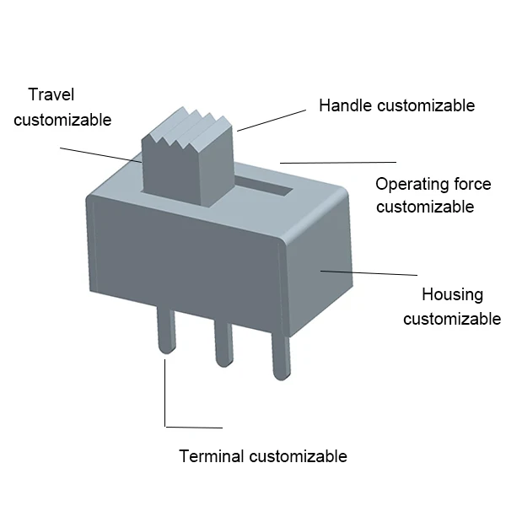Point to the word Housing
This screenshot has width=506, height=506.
452,294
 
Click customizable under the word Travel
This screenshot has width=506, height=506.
62,120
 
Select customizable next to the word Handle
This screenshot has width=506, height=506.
426,105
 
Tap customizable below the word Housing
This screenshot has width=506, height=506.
452,319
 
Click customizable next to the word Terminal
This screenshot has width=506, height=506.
299,456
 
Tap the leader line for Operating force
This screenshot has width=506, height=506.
337,161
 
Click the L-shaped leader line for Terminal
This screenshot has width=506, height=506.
165,396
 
